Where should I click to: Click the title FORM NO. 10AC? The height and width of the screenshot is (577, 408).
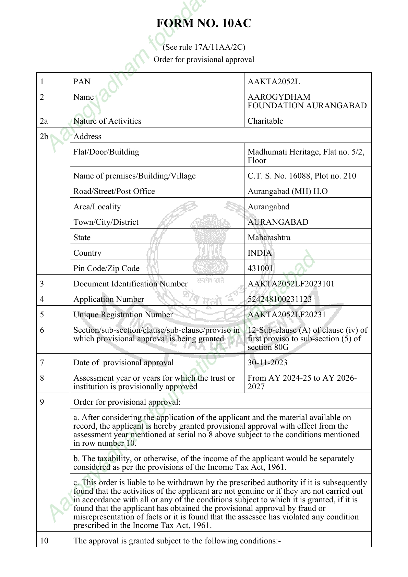coord(204,23)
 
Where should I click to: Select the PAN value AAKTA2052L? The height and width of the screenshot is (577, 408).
coord(274,82)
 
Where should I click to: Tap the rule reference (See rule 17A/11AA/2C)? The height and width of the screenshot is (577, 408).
coord(204,47)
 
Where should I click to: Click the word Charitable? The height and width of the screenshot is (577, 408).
coord(265,121)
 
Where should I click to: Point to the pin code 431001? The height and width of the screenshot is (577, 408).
coord(260,268)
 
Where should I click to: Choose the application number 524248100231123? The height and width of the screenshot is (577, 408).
coord(279,299)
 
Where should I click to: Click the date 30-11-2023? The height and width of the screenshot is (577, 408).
coord(267,363)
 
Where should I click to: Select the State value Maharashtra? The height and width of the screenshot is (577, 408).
coord(269,237)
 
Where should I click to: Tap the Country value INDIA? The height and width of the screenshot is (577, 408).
coord(260,253)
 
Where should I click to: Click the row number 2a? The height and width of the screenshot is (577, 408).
coord(44,121)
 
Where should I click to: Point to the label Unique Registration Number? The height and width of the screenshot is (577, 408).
coord(123,315)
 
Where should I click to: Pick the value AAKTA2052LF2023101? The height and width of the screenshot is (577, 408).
coord(291,284)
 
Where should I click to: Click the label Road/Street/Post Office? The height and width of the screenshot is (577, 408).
coord(114,191)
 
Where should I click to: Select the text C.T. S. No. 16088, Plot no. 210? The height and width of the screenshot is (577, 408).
coord(302,176)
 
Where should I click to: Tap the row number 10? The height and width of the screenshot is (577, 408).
coord(44,541)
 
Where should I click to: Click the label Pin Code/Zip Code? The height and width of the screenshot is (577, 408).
coord(106,268)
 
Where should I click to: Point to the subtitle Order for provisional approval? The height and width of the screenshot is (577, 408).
coord(204,60)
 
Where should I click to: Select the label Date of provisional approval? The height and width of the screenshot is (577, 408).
coord(123,363)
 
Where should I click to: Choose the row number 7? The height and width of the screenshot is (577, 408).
coord(42,363)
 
